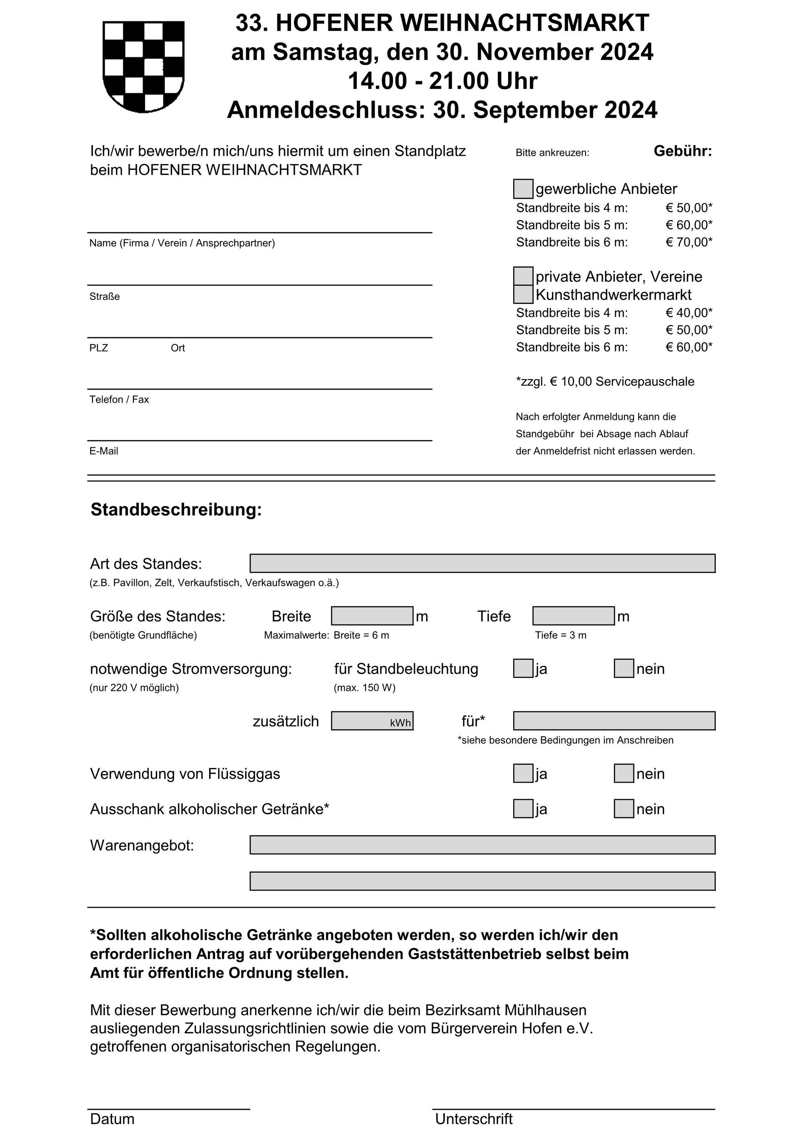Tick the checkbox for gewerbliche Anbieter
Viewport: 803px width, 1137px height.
point(523,189)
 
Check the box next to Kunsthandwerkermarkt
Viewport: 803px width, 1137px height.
point(523,294)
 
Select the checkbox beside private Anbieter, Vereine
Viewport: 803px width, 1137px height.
point(523,276)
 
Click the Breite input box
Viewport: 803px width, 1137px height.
point(372,616)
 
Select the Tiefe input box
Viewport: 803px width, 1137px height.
point(573,616)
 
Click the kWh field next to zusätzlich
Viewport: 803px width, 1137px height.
point(372,721)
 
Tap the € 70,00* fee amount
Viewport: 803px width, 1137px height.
point(689,242)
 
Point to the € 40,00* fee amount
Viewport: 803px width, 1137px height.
point(689,313)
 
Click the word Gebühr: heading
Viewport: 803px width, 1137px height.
point(682,151)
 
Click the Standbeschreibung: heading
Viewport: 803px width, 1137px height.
point(176,510)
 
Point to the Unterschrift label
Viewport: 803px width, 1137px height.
point(474,1119)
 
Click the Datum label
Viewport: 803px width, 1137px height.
point(113,1119)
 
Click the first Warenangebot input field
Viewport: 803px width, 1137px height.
point(482,844)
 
